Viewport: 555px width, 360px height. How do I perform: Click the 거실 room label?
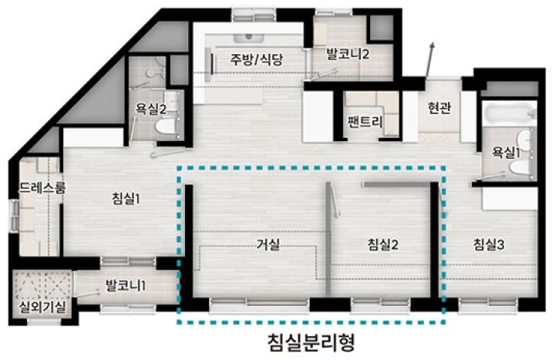point(268,244)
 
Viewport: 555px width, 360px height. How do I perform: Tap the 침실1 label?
point(126,199)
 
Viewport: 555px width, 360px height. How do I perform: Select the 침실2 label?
point(383,244)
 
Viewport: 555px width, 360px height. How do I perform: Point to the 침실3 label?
point(489,244)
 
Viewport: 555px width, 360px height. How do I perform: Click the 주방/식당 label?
point(256,59)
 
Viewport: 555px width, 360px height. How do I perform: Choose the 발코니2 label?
point(348,54)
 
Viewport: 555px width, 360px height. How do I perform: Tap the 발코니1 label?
point(126,285)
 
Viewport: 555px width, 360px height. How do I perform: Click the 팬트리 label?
point(365,122)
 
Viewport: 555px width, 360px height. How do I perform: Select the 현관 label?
point(439,107)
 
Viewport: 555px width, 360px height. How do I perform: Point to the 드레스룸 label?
point(42,187)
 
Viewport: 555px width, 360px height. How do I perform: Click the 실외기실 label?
point(43,308)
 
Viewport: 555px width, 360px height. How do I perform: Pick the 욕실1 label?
point(506,153)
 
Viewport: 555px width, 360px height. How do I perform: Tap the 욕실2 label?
point(151,109)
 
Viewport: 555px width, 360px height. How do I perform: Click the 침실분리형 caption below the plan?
point(311,342)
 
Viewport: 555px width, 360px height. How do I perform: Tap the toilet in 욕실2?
point(166,126)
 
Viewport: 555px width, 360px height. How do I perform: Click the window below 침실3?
point(488,305)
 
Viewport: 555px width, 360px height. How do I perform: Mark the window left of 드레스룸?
point(13,216)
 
